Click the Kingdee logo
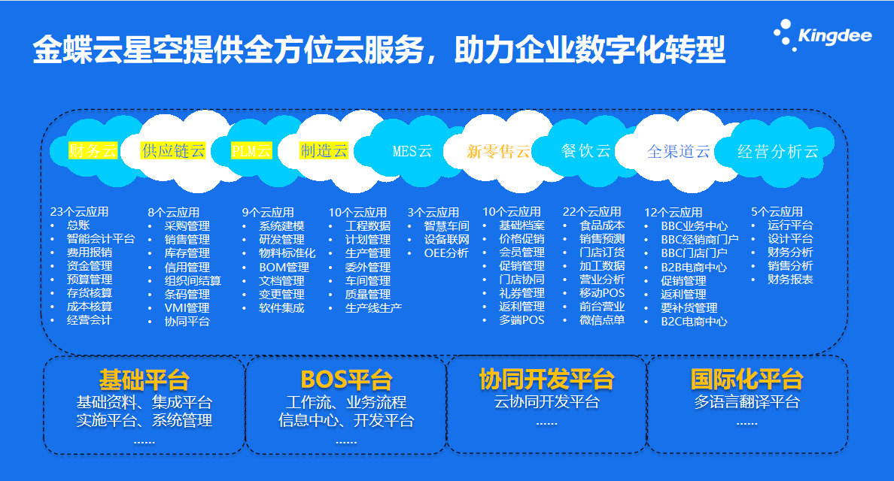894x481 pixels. pyautogui.click(x=823, y=35)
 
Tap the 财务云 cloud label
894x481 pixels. pyautogui.click(x=93, y=150)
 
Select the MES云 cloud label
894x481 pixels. pyautogui.click(x=412, y=151)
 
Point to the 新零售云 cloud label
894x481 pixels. pyautogui.click(x=498, y=151)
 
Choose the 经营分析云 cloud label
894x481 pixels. pyautogui.click(x=777, y=151)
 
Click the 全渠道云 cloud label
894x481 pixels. pyautogui.click(x=679, y=151)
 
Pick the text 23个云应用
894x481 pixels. pyautogui.click(x=79, y=212)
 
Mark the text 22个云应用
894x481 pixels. pyautogui.click(x=591, y=212)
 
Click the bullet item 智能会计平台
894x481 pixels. pyautogui.click(x=101, y=238)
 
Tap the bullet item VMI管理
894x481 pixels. pyautogui.click(x=187, y=307)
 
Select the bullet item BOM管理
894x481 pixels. pyautogui.click(x=284, y=267)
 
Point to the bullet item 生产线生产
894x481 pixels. pyautogui.click(x=373, y=307)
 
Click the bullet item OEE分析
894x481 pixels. pyautogui.click(x=446, y=253)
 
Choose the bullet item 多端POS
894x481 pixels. pyautogui.click(x=521, y=320)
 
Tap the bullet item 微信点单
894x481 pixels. pyautogui.click(x=602, y=320)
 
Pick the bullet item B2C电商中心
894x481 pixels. pyautogui.click(x=694, y=321)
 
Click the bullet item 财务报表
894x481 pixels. pyautogui.click(x=790, y=279)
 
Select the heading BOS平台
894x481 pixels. pyautogui.click(x=347, y=380)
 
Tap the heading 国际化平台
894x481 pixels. pyautogui.click(x=747, y=379)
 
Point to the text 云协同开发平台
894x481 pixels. pyautogui.click(x=547, y=402)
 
